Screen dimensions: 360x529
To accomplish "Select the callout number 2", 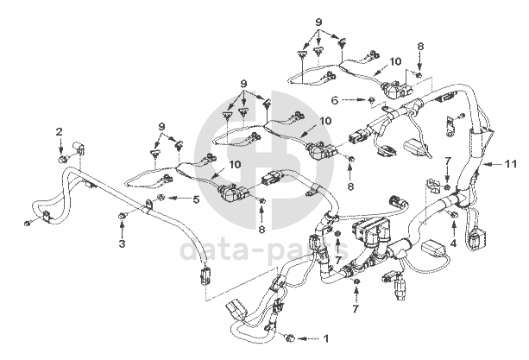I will pos(60,131).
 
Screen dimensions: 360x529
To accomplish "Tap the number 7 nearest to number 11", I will pos(448,161).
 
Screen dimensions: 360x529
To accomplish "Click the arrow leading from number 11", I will pos(494,162).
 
